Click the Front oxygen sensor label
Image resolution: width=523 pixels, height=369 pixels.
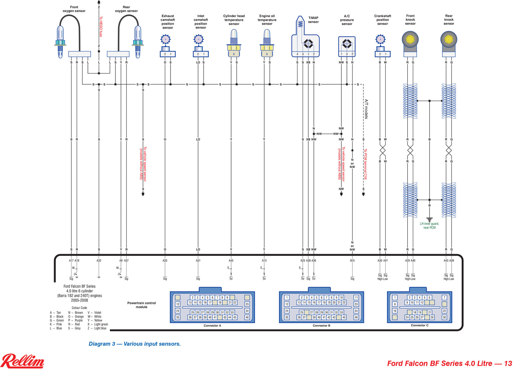coord(74,9)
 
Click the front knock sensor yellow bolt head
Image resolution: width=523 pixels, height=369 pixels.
coord(410,39)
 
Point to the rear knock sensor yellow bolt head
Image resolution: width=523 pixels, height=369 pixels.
coord(449,39)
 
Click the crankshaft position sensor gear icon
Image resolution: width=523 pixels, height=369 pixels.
coord(380,39)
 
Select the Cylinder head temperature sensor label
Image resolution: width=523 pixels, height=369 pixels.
coord(234,20)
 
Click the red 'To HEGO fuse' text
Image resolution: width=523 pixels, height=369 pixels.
coord(101,26)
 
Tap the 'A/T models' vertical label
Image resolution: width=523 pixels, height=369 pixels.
coord(366,109)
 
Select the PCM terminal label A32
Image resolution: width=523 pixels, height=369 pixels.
coord(99,260)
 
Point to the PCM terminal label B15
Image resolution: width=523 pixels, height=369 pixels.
coord(352,260)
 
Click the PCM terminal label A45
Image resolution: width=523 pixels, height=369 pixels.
coord(231,260)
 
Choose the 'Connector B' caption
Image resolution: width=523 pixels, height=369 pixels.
coord(321,325)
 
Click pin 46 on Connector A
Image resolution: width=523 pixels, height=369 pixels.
coord(247,317)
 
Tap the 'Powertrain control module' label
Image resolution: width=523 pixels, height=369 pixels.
coord(142,305)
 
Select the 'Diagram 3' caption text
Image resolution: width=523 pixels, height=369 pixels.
coord(135,344)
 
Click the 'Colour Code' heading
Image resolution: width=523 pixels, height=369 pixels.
coord(79,308)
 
